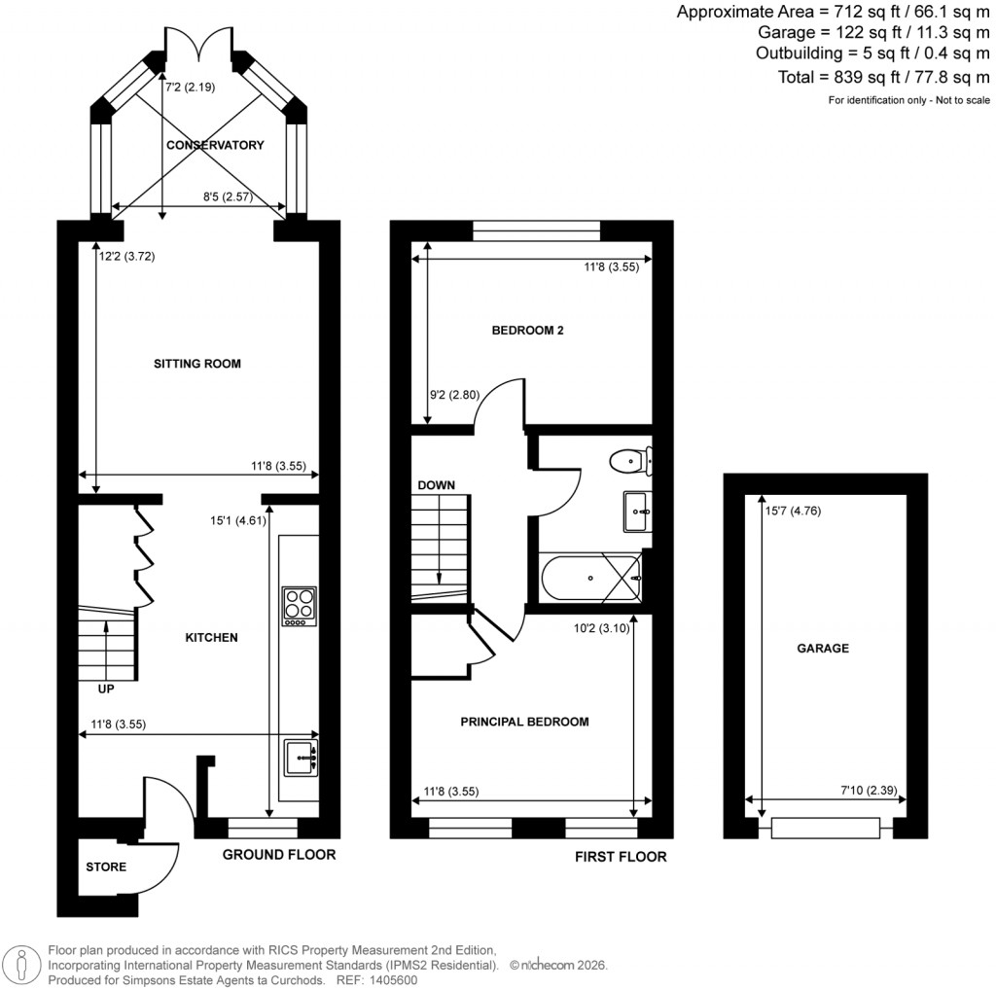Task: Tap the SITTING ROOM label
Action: coord(196,364)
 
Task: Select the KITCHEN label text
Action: coord(211,638)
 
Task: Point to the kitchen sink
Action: coord(300,757)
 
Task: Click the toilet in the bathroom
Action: coord(630,459)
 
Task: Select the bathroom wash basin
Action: coord(637,511)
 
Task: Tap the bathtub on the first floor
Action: coord(588,578)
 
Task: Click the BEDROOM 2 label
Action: coord(527,331)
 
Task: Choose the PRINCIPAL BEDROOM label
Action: coord(524,722)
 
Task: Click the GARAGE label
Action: coord(824,649)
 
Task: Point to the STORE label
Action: coord(106,866)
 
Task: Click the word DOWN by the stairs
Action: coord(436,484)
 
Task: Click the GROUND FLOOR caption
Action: coord(279,855)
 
